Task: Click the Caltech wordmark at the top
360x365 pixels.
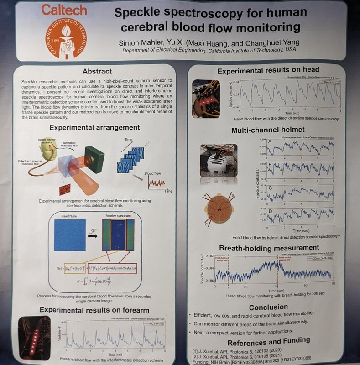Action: tap(65, 10)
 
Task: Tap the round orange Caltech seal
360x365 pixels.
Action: tap(65, 36)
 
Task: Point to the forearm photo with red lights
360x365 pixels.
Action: tap(34, 337)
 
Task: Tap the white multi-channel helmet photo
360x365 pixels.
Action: tap(219, 160)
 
